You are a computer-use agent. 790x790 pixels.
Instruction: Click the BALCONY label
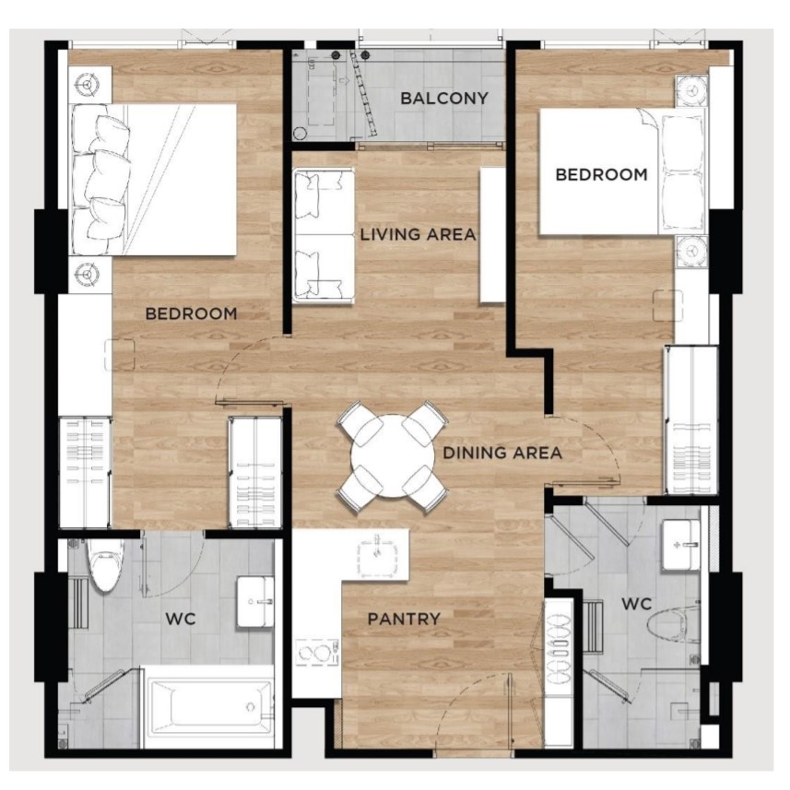click(x=444, y=99)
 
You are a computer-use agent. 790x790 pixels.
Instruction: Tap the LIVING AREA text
click(x=418, y=234)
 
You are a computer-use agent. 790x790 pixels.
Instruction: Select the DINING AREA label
click(x=502, y=453)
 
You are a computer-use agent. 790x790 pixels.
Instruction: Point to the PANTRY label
click(x=404, y=619)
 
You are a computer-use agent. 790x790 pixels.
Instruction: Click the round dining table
click(x=392, y=456)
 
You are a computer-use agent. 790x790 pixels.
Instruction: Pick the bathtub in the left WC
click(x=210, y=706)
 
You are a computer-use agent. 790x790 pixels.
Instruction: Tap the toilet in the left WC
click(x=105, y=564)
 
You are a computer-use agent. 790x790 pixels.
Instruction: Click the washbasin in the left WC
click(x=255, y=602)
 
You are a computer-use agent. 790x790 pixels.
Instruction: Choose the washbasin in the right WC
click(x=680, y=545)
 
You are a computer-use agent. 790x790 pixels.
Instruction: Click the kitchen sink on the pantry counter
click(x=377, y=557)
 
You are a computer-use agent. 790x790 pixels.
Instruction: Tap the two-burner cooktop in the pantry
click(x=317, y=654)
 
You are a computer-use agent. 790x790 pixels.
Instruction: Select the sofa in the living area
click(x=324, y=236)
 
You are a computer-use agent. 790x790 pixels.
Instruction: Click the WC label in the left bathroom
click(x=181, y=619)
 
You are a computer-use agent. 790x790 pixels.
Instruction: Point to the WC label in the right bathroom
click(x=637, y=604)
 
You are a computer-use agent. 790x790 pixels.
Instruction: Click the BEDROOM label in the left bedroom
click(x=191, y=314)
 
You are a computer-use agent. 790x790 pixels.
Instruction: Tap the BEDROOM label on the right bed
click(x=602, y=175)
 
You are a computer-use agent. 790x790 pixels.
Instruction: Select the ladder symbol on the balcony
click(x=364, y=95)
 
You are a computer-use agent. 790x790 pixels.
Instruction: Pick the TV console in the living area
click(x=493, y=235)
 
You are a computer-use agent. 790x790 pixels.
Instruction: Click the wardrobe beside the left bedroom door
click(x=255, y=473)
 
